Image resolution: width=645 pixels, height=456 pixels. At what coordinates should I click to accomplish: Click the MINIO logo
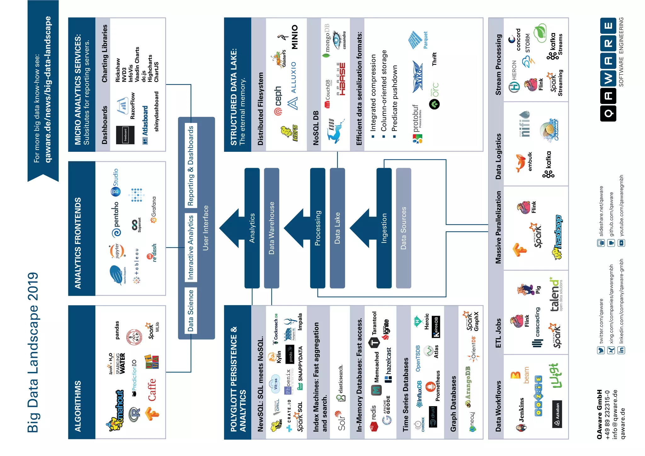click(294, 37)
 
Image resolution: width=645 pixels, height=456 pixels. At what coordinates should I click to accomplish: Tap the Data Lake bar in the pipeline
click(337, 228)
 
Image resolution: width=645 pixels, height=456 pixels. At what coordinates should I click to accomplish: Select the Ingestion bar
click(384, 228)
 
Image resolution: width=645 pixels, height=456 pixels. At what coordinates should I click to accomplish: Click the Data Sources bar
click(403, 228)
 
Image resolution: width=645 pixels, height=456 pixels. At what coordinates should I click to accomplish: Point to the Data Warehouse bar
click(271, 228)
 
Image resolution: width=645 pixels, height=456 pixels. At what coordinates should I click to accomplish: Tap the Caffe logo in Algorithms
click(152, 390)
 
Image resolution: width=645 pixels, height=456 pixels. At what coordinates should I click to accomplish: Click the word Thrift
click(434, 59)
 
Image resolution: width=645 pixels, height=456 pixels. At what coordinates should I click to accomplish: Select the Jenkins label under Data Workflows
click(521, 410)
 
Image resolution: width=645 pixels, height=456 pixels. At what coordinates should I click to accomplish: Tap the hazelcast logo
click(388, 365)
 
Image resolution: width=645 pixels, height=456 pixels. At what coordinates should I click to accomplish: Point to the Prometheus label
click(438, 386)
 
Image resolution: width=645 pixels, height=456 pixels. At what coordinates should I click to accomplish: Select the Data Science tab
click(191, 311)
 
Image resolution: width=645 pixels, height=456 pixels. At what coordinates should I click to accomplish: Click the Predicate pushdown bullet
click(395, 98)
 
